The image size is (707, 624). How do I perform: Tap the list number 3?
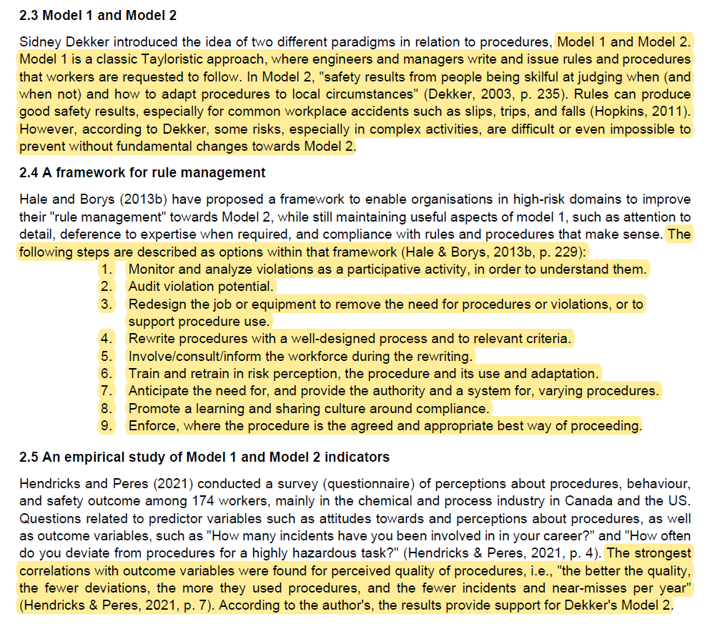pyautogui.click(x=107, y=304)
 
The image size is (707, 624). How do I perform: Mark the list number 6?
pyautogui.click(x=107, y=374)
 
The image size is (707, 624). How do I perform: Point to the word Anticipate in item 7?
pyautogui.click(x=159, y=391)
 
